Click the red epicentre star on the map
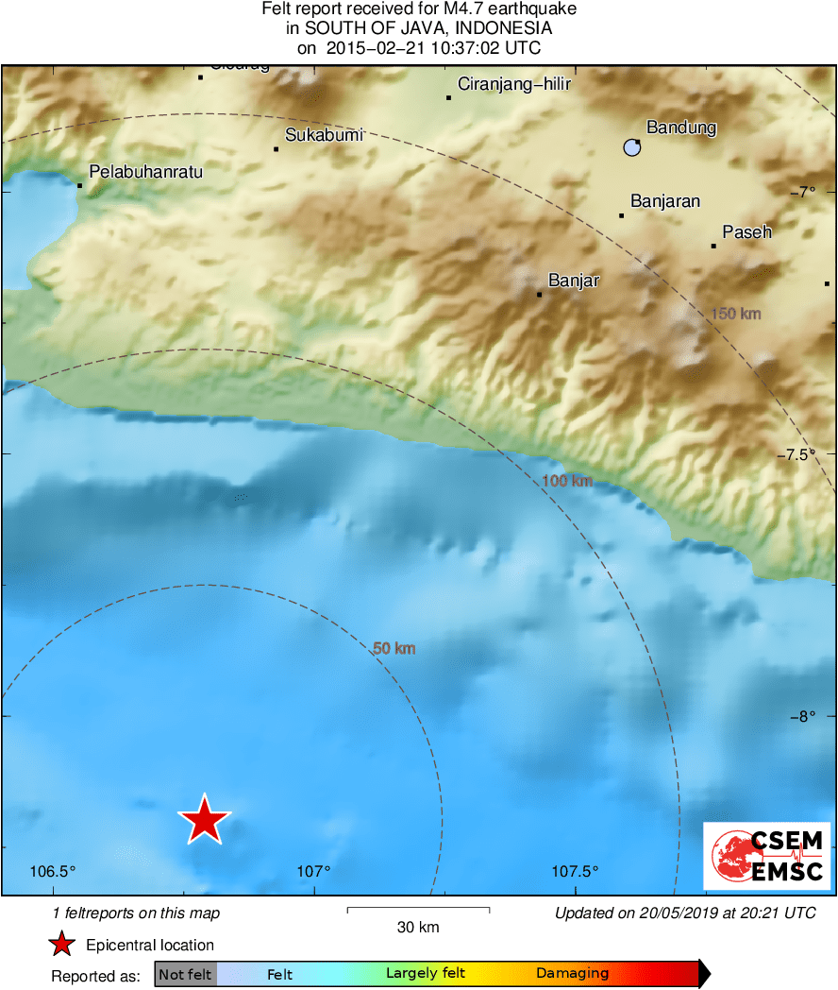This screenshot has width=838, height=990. point(204,819)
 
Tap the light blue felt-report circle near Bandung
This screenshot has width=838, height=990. point(631,146)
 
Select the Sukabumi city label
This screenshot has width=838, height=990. point(324,135)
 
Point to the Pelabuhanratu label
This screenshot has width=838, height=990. point(145,172)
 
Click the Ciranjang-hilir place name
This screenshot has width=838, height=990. point(514,84)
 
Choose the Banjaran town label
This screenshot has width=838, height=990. point(665,201)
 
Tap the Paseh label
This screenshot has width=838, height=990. point(746,231)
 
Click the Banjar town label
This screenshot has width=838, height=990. point(574,281)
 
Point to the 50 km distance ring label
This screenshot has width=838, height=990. point(394,649)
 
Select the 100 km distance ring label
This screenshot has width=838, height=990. point(567,482)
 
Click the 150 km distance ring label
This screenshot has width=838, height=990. point(735,314)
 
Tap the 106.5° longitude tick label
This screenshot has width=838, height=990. point(53,871)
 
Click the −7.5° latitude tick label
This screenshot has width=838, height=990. point(797,454)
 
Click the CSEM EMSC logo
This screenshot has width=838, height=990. point(767,856)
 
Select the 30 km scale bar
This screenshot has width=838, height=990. point(418,910)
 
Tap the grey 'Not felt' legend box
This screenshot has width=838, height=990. point(186,974)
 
